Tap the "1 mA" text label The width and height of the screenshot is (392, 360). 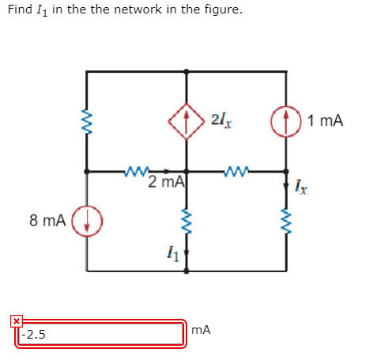(x=326, y=121)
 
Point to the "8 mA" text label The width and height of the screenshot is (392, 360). (x=47, y=220)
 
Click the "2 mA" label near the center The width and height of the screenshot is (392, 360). (x=165, y=183)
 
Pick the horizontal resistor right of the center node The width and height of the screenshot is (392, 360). (x=236, y=170)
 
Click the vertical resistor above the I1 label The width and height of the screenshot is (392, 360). (x=187, y=221)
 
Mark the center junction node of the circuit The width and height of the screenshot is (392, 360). (x=187, y=170)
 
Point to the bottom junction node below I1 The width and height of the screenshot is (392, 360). (x=187, y=270)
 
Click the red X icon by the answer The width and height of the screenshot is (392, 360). (x=15, y=320)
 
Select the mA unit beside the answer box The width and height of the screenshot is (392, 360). (x=202, y=330)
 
